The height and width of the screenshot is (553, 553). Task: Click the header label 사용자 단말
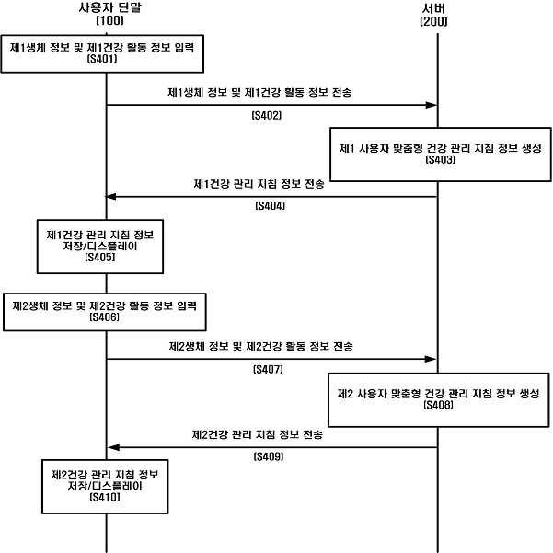pyautogui.click(x=109, y=8)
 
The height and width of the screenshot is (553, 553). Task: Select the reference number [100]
pyautogui.click(x=109, y=21)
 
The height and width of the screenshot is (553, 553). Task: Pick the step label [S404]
pyautogui.click(x=270, y=206)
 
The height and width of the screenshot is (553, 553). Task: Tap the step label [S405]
pyautogui.click(x=98, y=259)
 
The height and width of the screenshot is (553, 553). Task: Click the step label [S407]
pyautogui.click(x=267, y=369)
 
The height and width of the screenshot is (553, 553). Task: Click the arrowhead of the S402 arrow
pyautogui.click(x=431, y=105)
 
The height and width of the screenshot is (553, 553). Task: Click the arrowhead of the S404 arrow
pyautogui.click(x=113, y=195)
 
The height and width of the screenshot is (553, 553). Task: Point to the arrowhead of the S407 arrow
pyautogui.click(x=431, y=359)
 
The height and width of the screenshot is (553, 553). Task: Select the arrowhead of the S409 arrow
pyautogui.click(x=113, y=447)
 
